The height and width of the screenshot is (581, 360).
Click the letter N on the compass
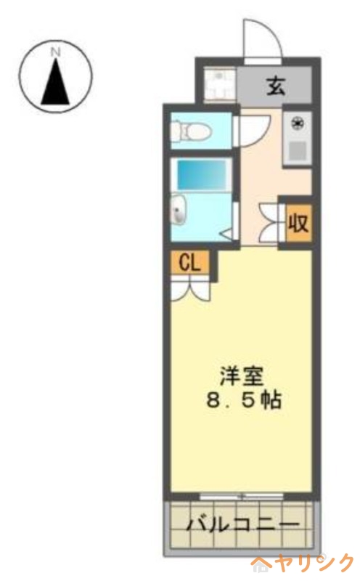click(x=55, y=52)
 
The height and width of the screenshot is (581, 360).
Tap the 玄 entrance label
click(x=277, y=86)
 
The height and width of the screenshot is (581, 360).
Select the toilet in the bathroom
click(x=190, y=132)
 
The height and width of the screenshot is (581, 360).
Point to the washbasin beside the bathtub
click(x=179, y=211)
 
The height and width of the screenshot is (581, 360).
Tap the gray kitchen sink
click(x=297, y=151)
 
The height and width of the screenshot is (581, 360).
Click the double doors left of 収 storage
click(x=269, y=222)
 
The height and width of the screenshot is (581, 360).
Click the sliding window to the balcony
click(x=242, y=496)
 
